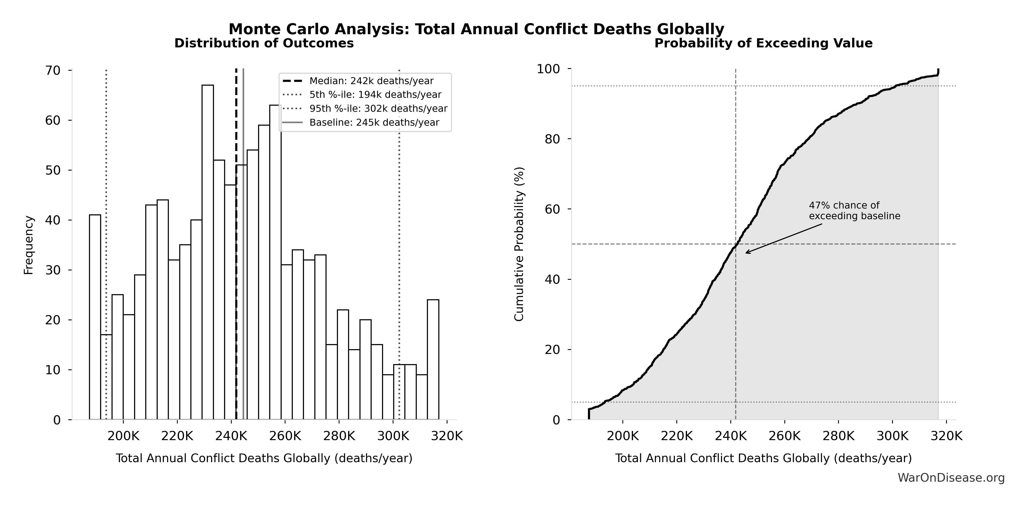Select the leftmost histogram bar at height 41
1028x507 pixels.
click(95, 317)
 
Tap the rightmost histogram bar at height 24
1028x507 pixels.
click(433, 359)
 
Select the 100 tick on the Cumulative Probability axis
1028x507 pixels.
click(549, 69)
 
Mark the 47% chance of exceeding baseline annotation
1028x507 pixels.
click(854, 211)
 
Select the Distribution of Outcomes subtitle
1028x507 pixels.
click(264, 43)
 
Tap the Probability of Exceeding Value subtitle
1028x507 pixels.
click(763, 43)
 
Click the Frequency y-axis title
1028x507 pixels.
click(29, 245)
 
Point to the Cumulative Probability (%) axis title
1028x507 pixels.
click(519, 244)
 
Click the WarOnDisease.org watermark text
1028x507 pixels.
click(951, 477)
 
